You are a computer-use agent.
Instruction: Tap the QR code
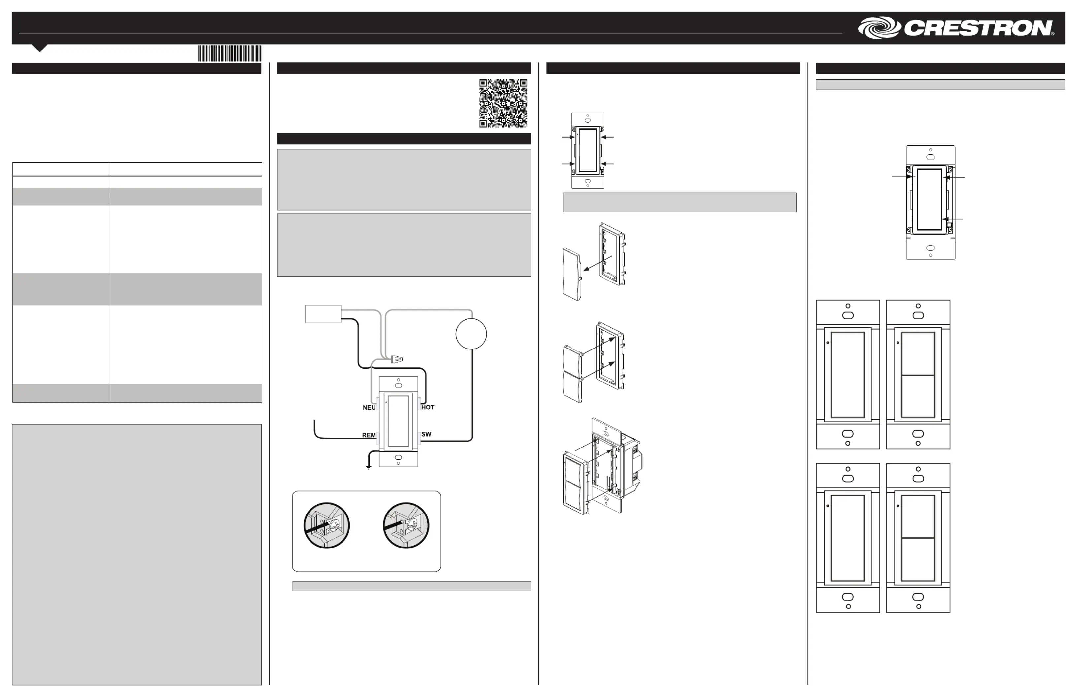coord(503,103)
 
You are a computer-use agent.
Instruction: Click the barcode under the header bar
coord(229,53)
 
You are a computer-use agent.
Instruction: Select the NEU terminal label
coord(369,407)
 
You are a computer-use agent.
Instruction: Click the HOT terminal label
coord(428,407)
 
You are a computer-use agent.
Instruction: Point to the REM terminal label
coord(369,435)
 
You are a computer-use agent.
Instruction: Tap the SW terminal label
coord(426,434)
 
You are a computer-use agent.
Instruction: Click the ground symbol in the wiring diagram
coord(369,467)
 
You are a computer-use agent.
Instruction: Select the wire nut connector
coord(396,360)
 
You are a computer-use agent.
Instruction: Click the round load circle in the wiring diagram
coord(471,334)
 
